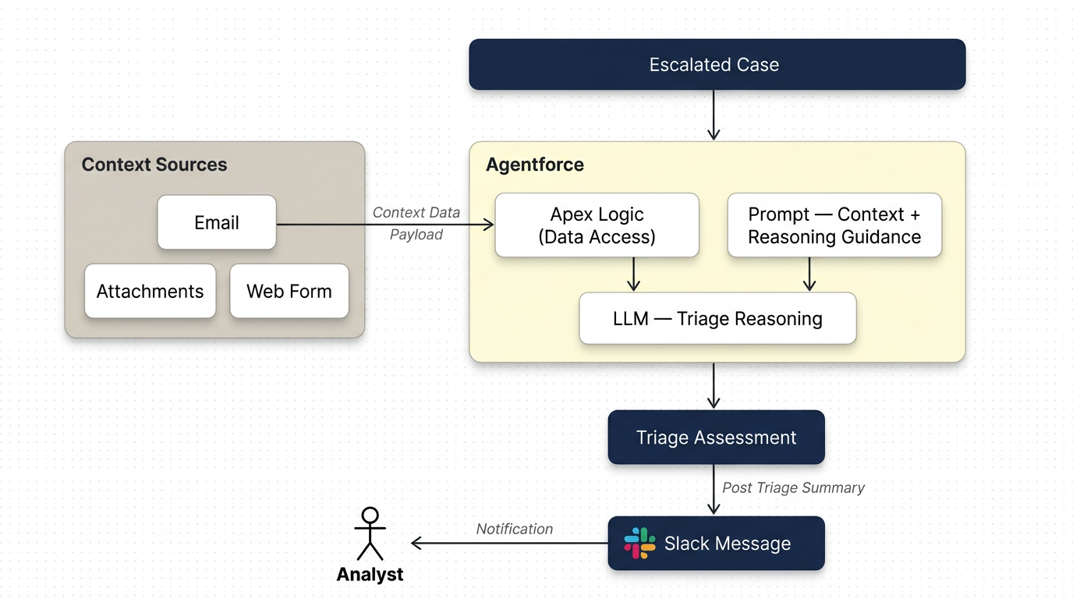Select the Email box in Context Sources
coord(217,223)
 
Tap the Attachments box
coord(150,291)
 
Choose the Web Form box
coord(289,291)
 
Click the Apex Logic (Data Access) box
coord(597,225)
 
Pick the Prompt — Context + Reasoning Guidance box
coord(834,225)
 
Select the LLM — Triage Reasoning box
coord(717,318)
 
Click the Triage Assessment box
coord(716,438)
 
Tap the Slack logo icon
coord(639,543)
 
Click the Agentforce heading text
coord(535,165)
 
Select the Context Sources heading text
coord(154,165)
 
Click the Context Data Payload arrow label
coord(416,223)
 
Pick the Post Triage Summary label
coord(793,487)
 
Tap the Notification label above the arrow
coord(515,529)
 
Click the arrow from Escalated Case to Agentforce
coord(714,115)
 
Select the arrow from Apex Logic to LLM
coord(633,274)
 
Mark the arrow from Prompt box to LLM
coord(809,274)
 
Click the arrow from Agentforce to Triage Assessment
coord(714,385)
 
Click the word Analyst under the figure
coord(370,575)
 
